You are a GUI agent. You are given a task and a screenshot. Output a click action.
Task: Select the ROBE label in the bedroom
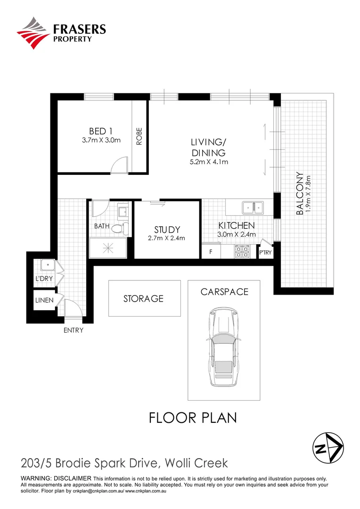coord(139,136)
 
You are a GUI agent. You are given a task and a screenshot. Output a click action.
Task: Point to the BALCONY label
coord(299,193)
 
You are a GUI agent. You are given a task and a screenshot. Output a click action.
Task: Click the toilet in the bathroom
coord(122,229)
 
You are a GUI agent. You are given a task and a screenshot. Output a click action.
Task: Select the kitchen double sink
coord(253,207)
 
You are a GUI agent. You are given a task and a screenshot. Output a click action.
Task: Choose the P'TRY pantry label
coord(265,253)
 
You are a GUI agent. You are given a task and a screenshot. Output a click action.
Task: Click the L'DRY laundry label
coord(44,279)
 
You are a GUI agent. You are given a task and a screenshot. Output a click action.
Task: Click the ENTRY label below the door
coord(73,330)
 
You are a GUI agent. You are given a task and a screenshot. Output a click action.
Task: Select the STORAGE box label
coord(143,298)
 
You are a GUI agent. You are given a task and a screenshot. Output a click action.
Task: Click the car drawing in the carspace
coord(223,346)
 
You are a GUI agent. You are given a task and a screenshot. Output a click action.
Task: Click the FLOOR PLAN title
coord(192,418)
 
